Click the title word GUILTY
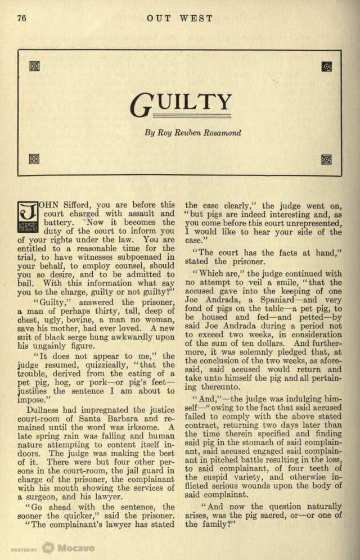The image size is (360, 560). [181, 103]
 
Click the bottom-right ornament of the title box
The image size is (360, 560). [326, 159]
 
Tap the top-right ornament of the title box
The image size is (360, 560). [326, 66]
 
